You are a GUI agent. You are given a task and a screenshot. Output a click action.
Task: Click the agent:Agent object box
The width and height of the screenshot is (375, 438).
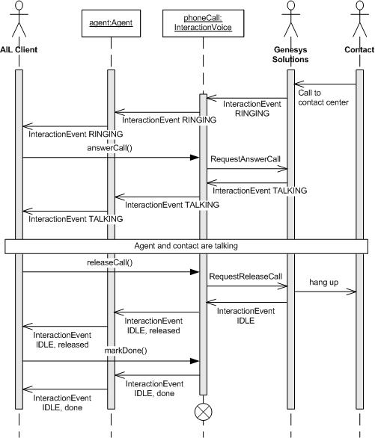[x=110, y=22]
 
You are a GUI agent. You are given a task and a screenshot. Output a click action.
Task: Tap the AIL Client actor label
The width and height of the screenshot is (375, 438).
[x=19, y=49]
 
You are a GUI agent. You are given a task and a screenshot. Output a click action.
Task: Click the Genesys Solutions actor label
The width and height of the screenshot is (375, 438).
[x=290, y=53]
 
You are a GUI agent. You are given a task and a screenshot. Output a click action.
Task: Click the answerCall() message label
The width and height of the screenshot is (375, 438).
[x=108, y=149]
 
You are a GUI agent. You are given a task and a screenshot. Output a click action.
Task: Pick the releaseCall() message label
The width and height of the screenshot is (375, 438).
[x=109, y=263]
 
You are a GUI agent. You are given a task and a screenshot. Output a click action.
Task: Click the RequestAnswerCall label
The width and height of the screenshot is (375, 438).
[x=246, y=159]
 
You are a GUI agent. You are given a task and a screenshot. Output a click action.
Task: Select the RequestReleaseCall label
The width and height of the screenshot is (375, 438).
[x=246, y=276]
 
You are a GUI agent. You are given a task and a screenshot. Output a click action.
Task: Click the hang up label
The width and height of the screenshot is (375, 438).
[x=324, y=282]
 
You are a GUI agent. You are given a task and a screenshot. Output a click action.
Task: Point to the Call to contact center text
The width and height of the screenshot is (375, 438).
[x=323, y=98]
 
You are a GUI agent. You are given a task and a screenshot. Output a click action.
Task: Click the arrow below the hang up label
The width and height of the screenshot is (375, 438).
[x=324, y=292]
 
